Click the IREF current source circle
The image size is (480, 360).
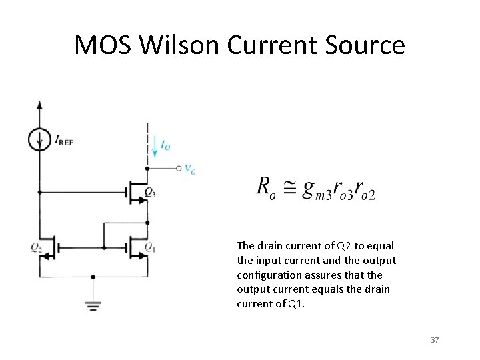tap(40, 139)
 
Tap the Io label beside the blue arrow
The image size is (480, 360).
tap(166, 144)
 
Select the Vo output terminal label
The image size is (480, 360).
tap(190, 169)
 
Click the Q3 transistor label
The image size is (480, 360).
tap(150, 193)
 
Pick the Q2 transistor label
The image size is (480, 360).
tap(35, 247)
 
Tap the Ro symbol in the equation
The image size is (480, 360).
tap(264, 187)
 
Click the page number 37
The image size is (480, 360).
tap(435, 340)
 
